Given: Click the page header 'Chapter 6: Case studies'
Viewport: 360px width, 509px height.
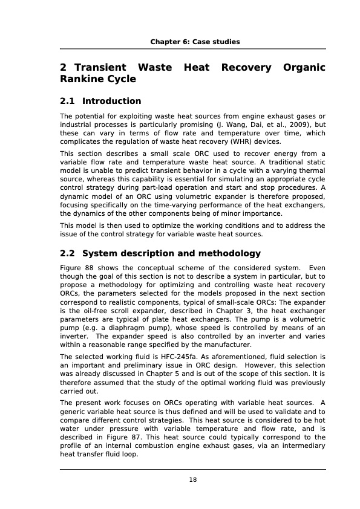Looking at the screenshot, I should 195,42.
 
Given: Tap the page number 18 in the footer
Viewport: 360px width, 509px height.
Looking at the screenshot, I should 193,480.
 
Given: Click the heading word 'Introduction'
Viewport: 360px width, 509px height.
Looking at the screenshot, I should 111,101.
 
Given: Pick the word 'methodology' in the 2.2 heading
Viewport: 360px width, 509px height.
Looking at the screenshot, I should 229,253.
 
